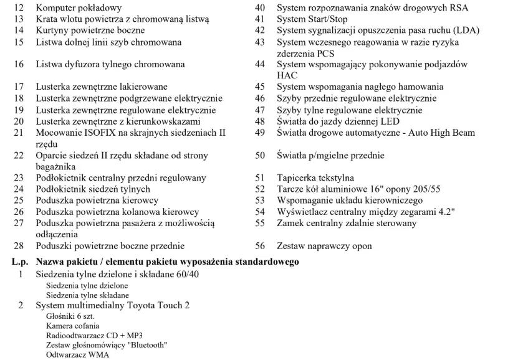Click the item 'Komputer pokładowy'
click(79, 8)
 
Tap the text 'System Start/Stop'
click(312, 19)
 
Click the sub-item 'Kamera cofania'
click(72, 326)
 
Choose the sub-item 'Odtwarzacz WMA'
click(77, 355)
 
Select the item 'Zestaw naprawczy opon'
click(324, 246)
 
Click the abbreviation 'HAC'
click(287, 75)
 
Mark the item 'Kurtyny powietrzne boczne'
click(90, 31)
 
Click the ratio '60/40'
click(186, 275)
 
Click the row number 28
click(19, 246)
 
